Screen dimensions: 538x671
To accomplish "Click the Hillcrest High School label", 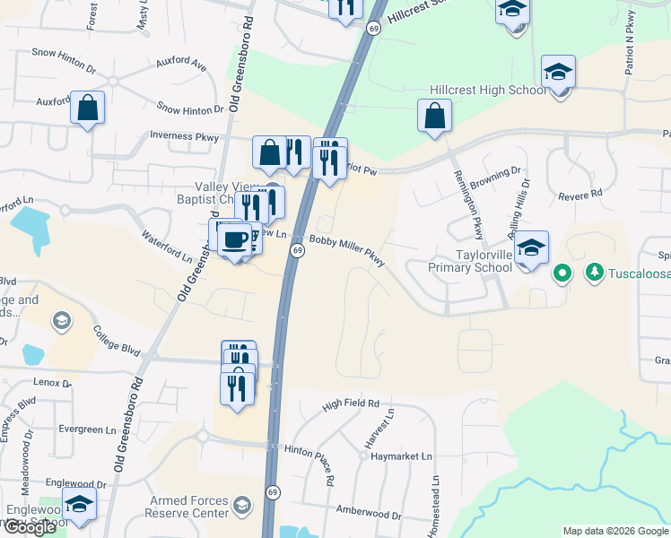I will tap(488, 91).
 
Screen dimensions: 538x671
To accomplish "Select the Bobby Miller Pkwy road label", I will tap(348, 250).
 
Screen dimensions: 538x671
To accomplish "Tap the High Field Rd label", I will tap(351, 404).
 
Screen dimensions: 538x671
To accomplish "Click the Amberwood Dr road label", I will tap(369, 513).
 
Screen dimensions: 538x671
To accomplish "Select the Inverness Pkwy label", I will tap(184, 136).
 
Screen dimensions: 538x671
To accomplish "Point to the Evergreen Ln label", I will tap(88, 430).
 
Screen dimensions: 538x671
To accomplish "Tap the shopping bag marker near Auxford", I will tap(88, 109).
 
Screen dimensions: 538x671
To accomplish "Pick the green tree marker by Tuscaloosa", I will tap(593, 271).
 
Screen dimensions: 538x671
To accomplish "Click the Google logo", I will tap(30, 527).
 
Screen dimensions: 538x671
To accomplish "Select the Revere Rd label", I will tap(579, 195).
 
